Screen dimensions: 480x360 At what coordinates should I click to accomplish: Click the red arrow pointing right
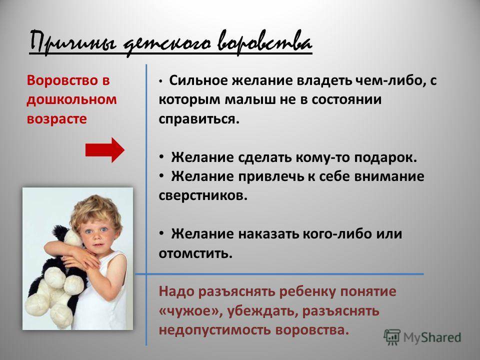tap(105, 150)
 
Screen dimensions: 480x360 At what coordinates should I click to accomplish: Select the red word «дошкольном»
tap(71, 100)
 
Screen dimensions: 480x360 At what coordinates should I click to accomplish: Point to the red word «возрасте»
tap(56, 119)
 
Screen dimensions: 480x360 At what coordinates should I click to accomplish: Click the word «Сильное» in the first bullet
tap(198, 80)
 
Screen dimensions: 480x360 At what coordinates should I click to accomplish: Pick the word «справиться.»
tap(199, 119)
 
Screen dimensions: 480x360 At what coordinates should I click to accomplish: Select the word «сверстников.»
tap(203, 195)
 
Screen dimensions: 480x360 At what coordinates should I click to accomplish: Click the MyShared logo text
tap(432, 337)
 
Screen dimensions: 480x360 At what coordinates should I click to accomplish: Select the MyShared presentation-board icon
tap(392, 337)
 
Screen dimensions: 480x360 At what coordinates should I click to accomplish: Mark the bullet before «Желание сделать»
tap(161, 157)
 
